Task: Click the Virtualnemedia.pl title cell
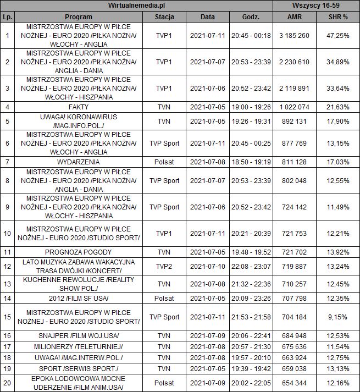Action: point(137,5)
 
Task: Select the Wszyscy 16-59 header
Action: point(316,5)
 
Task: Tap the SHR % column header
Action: point(338,16)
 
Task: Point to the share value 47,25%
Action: point(338,36)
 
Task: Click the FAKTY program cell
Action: point(79,106)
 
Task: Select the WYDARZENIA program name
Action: point(79,162)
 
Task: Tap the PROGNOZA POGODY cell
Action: point(79,252)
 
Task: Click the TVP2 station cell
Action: point(164,266)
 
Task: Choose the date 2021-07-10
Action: point(207,266)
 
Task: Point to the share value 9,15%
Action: point(338,317)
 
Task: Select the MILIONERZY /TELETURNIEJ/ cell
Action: point(79,346)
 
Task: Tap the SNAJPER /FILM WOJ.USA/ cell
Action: point(79,335)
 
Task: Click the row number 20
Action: point(7,382)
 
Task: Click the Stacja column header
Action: point(164,16)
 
